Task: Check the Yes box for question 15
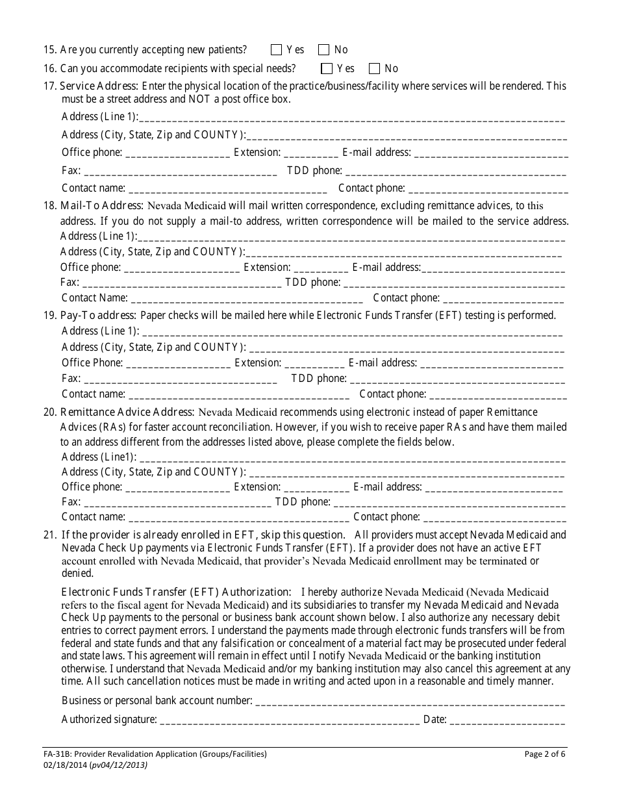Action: pyautogui.click(x=276, y=49)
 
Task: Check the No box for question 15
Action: pyautogui.click(x=324, y=49)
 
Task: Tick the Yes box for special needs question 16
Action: pyautogui.click(x=327, y=68)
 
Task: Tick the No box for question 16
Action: pyautogui.click(x=374, y=68)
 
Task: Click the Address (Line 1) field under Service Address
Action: pyautogui.click(x=351, y=118)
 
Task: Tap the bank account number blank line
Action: pyautogui.click(x=409, y=702)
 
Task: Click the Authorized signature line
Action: pyautogui.click(x=289, y=720)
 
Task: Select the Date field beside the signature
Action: pyautogui.click(x=507, y=720)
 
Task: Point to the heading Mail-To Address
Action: pyautogui.click(x=101, y=205)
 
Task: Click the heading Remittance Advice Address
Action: pyautogui.click(x=127, y=412)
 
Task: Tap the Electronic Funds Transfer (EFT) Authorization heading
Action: pyautogui.click(x=175, y=592)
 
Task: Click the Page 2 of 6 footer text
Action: pyautogui.click(x=545, y=754)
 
